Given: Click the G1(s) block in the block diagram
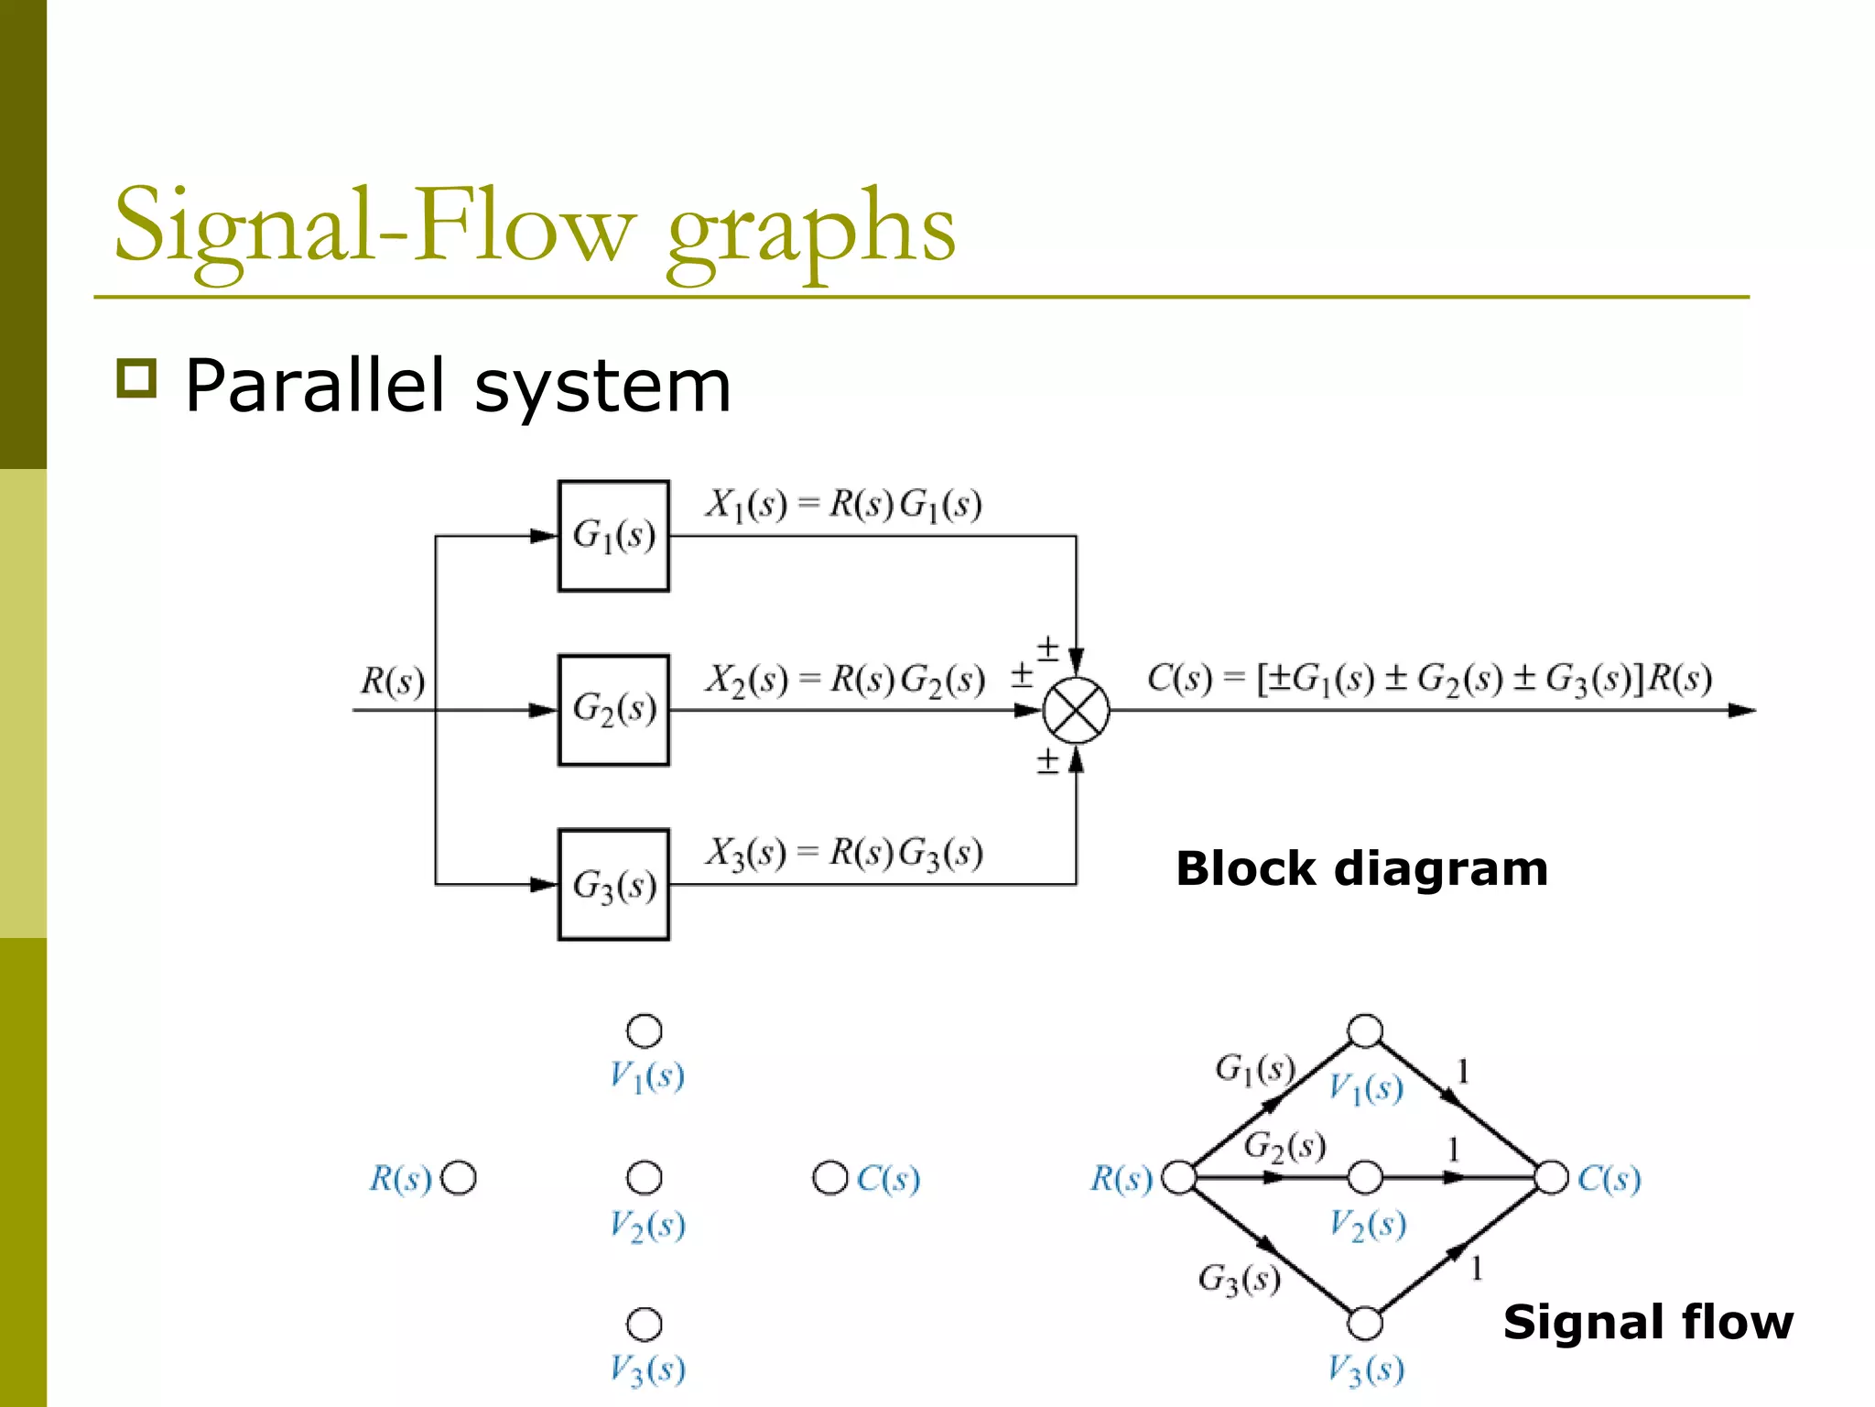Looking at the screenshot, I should click(x=613, y=536).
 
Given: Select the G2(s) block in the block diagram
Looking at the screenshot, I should click(x=613, y=710).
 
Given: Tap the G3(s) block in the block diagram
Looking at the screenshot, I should click(x=613, y=885).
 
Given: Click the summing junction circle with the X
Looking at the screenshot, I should click(x=1077, y=711).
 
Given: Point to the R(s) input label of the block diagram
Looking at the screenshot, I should click(x=393, y=682).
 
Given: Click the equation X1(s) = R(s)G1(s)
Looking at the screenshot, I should click(x=843, y=505).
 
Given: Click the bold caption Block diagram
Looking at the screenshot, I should click(x=1361, y=868).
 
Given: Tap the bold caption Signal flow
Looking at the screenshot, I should click(x=1648, y=1322).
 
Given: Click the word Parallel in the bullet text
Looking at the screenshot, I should click(x=315, y=386).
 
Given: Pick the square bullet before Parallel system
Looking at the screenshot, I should click(x=136, y=378).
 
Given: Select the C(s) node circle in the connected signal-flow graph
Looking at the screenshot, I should click(x=1552, y=1178).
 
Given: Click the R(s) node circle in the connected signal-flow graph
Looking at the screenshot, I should click(x=1178, y=1178).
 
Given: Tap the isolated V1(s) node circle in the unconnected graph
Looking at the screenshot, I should click(x=645, y=1031).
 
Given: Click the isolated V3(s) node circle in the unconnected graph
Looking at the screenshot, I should click(x=645, y=1324).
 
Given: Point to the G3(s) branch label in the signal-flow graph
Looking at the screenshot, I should click(x=1239, y=1279).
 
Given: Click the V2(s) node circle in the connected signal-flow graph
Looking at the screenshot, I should click(x=1365, y=1178).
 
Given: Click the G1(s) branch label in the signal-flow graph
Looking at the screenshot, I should click(x=1255, y=1069).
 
